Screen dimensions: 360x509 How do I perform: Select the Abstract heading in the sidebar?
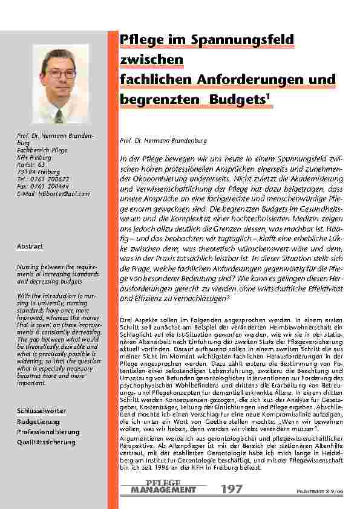30,247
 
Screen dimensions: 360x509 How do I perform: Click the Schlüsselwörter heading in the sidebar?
41,411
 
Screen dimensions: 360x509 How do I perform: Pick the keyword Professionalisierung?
48,432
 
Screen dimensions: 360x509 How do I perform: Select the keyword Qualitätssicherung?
46,443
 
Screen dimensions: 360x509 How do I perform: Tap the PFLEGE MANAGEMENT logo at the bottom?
163,487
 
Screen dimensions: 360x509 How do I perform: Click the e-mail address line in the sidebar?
53,193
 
